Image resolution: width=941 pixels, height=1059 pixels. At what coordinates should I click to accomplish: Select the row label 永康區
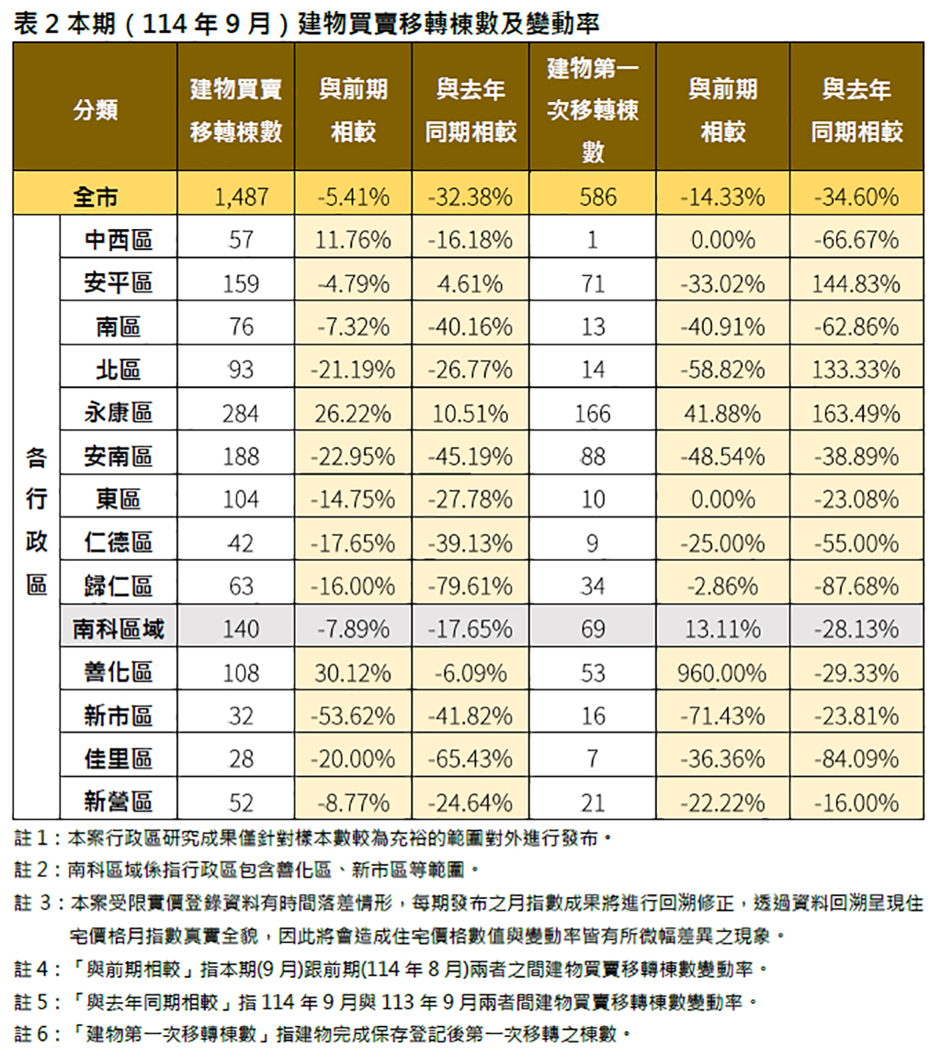point(118,413)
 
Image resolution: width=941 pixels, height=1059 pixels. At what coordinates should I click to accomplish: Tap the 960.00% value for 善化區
point(721,672)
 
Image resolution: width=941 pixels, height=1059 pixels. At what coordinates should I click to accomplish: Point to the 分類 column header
point(95,109)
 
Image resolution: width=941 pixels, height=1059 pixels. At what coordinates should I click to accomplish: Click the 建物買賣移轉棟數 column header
point(235,109)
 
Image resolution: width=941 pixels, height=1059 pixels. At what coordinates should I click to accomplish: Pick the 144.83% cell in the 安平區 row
point(856,283)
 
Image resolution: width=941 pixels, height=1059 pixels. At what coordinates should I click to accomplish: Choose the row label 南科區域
point(118,629)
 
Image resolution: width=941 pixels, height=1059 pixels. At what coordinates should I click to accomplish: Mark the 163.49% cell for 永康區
point(856,413)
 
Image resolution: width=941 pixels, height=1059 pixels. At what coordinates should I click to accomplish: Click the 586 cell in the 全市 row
point(593,196)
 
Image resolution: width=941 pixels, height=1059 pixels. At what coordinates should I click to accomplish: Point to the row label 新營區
point(118,803)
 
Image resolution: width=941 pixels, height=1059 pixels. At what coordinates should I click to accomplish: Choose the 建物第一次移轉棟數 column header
point(593,109)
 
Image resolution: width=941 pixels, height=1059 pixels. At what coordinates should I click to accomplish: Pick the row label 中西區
point(118,240)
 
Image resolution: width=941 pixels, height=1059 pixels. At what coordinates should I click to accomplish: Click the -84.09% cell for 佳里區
point(856,758)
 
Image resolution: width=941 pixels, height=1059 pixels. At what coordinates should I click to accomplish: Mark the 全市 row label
point(95,196)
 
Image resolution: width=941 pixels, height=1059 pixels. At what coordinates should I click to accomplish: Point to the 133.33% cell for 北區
point(856,370)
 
